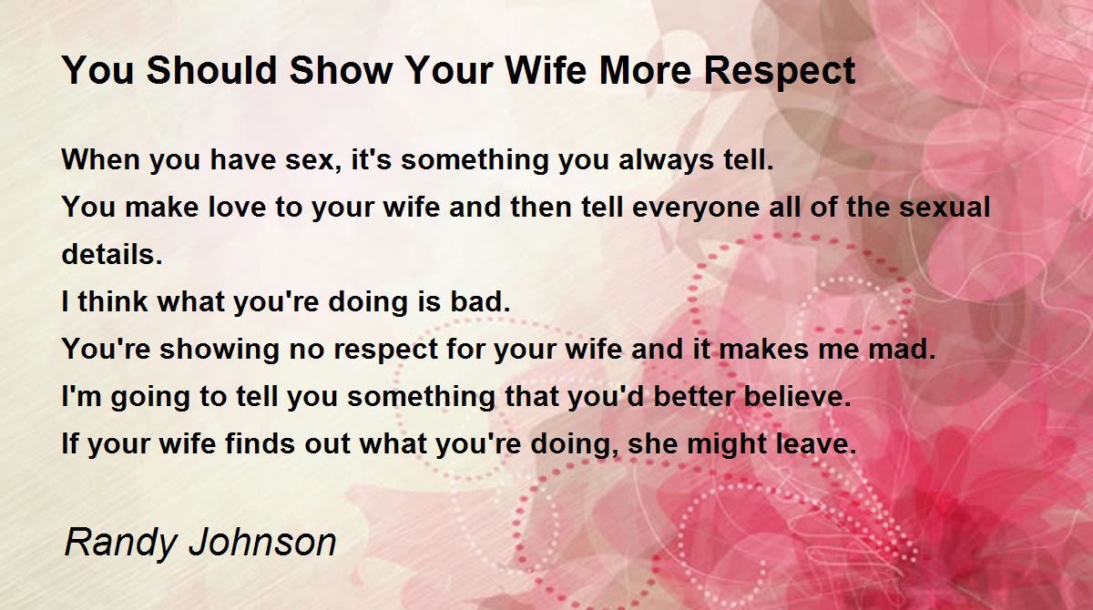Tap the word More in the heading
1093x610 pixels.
coord(646,70)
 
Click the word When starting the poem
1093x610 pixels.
coord(100,159)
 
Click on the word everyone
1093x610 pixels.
coord(695,208)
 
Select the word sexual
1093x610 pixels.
coord(945,207)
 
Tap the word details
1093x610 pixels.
coord(112,253)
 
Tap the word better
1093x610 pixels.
coord(692,395)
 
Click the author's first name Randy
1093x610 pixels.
coord(120,544)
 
